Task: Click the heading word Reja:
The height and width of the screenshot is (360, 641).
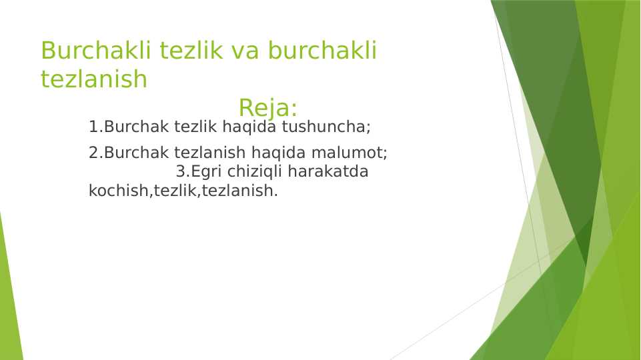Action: [267, 108]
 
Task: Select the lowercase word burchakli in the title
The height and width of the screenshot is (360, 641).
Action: [323, 51]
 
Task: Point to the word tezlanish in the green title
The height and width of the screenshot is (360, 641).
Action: [93, 79]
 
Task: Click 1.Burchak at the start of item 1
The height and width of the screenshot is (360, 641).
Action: [129, 127]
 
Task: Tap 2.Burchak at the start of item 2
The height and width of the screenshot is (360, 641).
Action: [129, 153]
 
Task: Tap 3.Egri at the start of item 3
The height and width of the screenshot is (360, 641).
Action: [199, 171]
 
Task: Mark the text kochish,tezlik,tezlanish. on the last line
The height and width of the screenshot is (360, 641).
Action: [183, 191]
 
